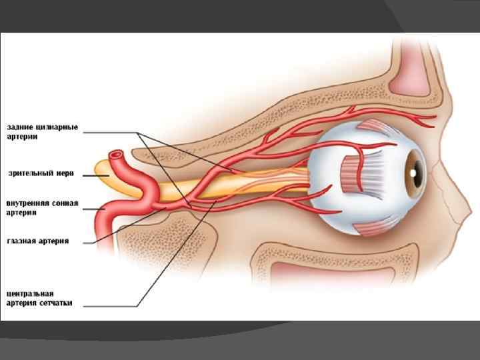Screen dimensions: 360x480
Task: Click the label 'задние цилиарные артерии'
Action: [x=43, y=131]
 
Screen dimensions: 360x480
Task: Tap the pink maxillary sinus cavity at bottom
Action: [x=313, y=273]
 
